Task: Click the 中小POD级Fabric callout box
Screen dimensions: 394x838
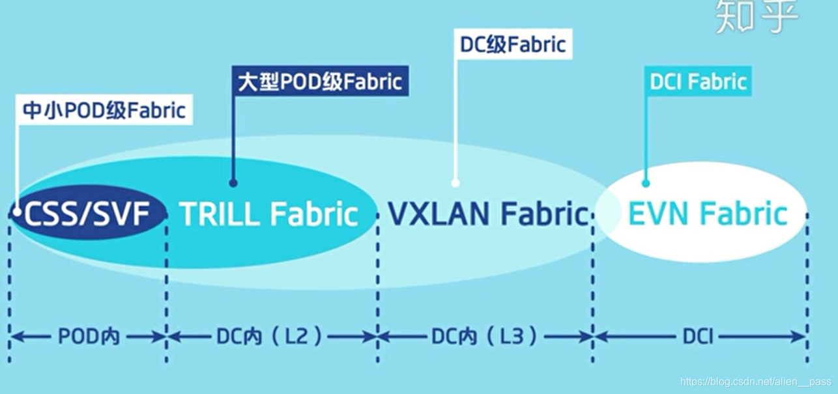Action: (104, 111)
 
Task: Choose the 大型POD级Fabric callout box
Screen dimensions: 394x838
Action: (320, 81)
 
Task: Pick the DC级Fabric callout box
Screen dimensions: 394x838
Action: (513, 44)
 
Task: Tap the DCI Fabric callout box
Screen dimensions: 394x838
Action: (698, 82)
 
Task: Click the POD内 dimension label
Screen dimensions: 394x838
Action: (89, 337)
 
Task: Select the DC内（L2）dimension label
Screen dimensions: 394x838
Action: (270, 337)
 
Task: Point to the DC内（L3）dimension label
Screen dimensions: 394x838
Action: (485, 337)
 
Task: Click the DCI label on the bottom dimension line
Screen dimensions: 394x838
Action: (699, 337)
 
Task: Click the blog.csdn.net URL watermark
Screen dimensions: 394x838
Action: (755, 382)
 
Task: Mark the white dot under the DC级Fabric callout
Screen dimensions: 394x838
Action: (455, 184)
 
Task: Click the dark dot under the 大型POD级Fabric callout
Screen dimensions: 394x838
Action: (233, 184)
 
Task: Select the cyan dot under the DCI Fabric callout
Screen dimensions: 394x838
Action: (646, 184)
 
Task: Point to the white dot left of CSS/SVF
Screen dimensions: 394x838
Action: (14, 212)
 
